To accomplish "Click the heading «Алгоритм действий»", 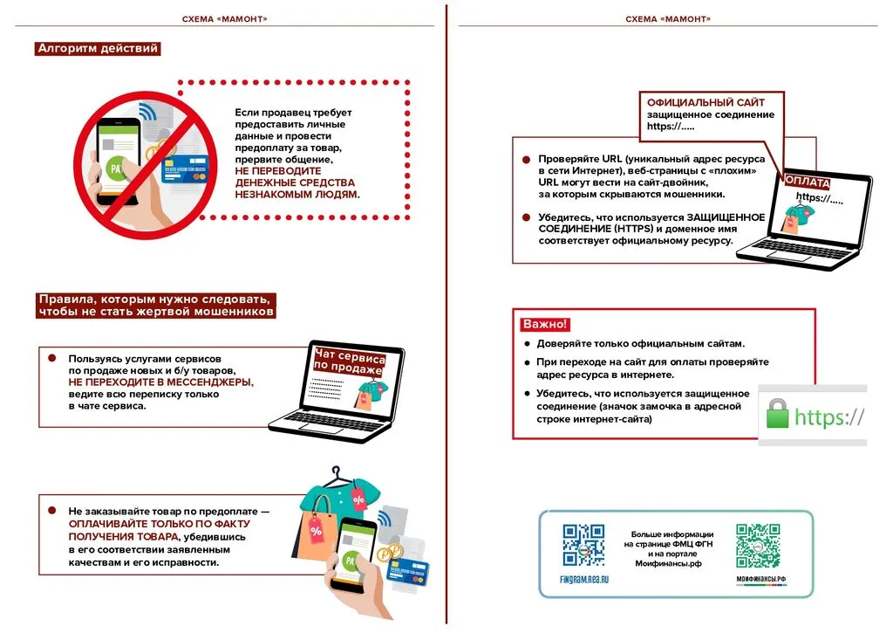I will coord(98,49).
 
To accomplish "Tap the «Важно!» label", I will coord(545,325).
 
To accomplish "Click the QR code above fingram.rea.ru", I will coord(583,546).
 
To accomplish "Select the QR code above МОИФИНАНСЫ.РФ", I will coord(757,546).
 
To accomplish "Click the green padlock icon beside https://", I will coord(777,415).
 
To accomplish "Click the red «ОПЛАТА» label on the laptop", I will coord(807,181).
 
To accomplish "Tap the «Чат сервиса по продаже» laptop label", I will coord(349,361).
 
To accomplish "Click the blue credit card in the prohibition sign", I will coord(184,168).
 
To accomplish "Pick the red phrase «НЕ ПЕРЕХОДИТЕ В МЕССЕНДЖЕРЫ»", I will coord(161,382).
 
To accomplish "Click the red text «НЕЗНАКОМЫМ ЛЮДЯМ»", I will coord(296,195).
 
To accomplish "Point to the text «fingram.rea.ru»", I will coord(583,579).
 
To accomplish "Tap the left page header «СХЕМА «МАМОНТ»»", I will coord(224,19).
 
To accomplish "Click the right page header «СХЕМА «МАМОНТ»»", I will coord(668,19).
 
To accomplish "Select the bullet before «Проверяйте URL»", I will coord(526,160).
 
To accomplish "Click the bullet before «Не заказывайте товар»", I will coord(51,510).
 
